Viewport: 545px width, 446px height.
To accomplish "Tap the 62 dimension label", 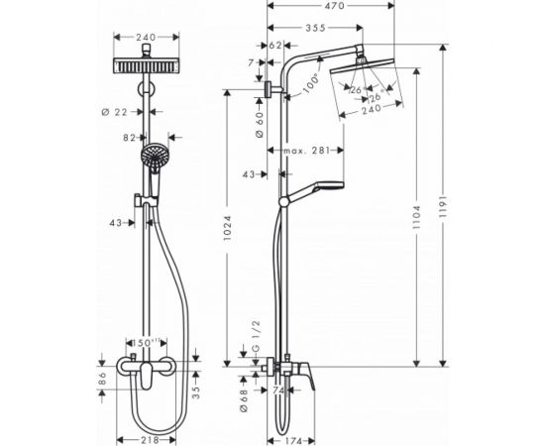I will pyautogui.click(x=274, y=46).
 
